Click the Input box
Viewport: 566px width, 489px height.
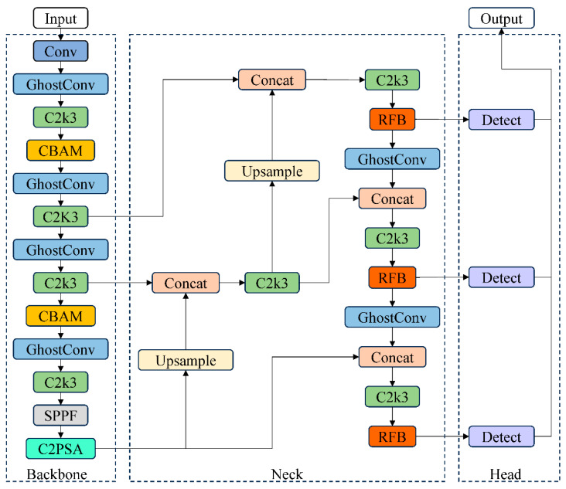pyautogui.click(x=60, y=18)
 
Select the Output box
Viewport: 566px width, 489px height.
pyautogui.click(x=501, y=18)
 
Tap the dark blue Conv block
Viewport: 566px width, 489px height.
pyautogui.click(x=60, y=51)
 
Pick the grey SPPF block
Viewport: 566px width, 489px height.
pyautogui.click(x=60, y=415)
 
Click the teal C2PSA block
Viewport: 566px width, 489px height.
pyautogui.click(x=60, y=449)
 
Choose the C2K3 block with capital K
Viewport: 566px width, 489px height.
pyautogui.click(x=60, y=216)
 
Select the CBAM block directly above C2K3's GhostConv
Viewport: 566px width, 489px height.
pyautogui.click(x=60, y=151)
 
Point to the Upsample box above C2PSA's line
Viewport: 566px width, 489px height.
pyautogui.click(x=186, y=360)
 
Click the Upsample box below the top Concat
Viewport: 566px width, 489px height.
pyautogui.click(x=272, y=171)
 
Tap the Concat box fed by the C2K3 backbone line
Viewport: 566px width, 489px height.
pyautogui.click(x=272, y=80)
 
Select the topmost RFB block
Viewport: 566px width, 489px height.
pyautogui.click(x=392, y=120)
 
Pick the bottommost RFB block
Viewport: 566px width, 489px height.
pyautogui.click(x=392, y=436)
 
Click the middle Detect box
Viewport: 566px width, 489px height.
pyautogui.click(x=501, y=277)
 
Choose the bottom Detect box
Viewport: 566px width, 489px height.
pyautogui.click(x=501, y=436)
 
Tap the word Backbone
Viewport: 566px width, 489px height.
pyautogui.click(x=56, y=474)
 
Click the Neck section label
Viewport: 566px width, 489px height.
pyautogui.click(x=287, y=474)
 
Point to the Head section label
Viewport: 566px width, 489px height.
pyautogui.click(x=506, y=474)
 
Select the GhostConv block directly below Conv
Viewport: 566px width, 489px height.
pyautogui.click(x=60, y=84)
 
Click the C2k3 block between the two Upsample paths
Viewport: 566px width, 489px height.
pyautogui.click(x=272, y=283)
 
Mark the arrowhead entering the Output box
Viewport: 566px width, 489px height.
pyautogui.click(x=501, y=32)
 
